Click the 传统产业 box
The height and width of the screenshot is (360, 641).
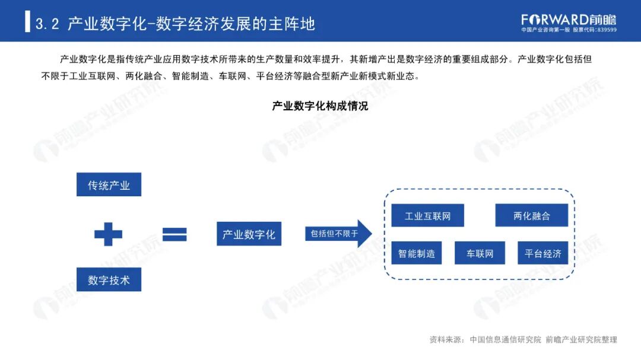pyautogui.click(x=109, y=184)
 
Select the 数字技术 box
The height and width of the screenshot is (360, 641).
pyautogui.click(x=109, y=279)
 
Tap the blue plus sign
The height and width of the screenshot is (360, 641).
pyautogui.click(x=108, y=234)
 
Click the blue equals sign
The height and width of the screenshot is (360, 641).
pyautogui.click(x=174, y=234)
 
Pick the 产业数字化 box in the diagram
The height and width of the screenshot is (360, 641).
pyautogui.click(x=249, y=234)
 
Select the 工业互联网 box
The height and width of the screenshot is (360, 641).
pyautogui.click(x=427, y=215)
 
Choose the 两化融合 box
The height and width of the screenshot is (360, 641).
pyautogui.click(x=531, y=215)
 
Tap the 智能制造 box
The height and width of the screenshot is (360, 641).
pyautogui.click(x=416, y=253)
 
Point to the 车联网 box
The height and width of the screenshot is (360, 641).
pyautogui.click(x=480, y=253)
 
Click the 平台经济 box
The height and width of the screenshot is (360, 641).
pyautogui.click(x=542, y=253)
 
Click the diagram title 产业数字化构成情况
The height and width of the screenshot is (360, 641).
pyautogui.click(x=320, y=106)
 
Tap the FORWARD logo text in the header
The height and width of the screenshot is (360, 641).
pyautogui.click(x=555, y=19)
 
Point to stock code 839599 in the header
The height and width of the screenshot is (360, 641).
pyautogui.click(x=605, y=30)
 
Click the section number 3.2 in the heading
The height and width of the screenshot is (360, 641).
pyautogui.click(x=47, y=24)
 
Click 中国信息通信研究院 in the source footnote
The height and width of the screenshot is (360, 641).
pyautogui.click(x=505, y=340)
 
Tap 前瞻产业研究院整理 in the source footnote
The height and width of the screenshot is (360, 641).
pyautogui.click(x=581, y=340)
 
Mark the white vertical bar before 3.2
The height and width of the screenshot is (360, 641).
pyautogui.click(x=27, y=21)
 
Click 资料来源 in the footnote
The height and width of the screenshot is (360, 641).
pyautogui.click(x=445, y=340)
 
